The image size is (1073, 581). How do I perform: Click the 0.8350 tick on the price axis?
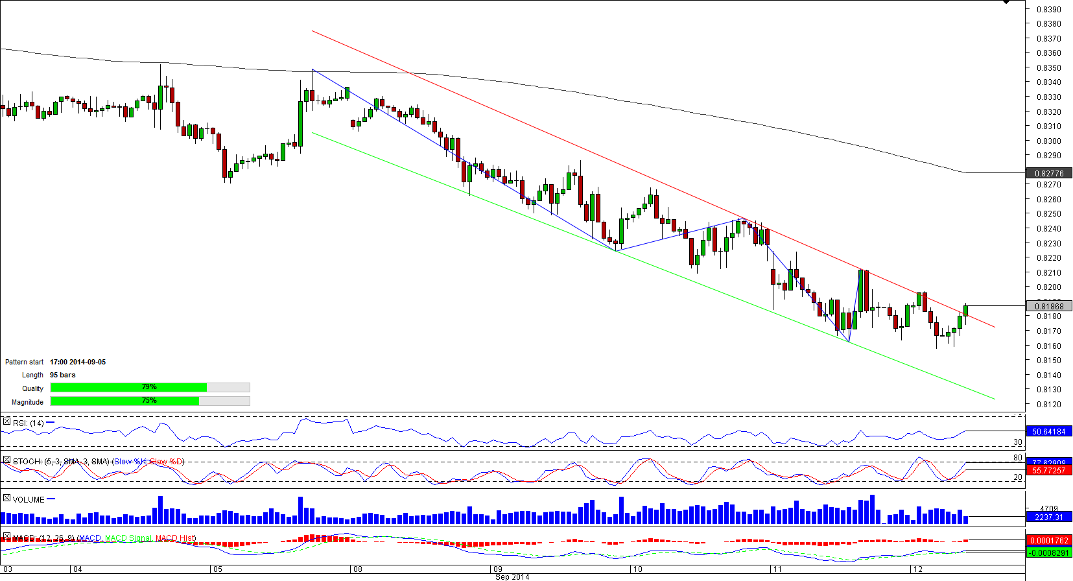pos(1048,67)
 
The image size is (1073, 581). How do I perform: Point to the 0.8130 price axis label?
pos(1048,390)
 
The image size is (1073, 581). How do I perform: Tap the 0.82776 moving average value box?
pos(1049,173)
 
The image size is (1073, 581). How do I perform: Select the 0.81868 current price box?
pos(1049,306)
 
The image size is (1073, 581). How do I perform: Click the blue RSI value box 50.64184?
pos(1049,431)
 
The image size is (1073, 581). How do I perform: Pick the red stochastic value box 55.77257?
pos(1049,470)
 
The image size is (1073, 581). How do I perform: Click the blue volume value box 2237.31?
pos(1049,517)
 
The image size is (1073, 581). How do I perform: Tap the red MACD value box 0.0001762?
pos(1049,540)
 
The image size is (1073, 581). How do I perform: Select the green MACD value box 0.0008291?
pos(1049,552)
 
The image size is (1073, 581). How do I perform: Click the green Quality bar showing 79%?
pos(128,387)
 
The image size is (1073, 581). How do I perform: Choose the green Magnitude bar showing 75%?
pos(124,401)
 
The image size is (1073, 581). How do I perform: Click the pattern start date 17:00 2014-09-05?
pos(78,362)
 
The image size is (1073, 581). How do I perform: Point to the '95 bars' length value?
pos(63,375)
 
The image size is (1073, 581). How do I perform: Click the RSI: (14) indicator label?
pos(29,423)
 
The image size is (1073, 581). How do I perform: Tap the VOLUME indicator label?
pos(29,499)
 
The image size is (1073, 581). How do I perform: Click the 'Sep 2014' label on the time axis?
pos(512,576)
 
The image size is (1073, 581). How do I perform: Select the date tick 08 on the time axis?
pos(357,569)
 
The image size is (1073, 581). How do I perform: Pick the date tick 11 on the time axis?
pos(777,569)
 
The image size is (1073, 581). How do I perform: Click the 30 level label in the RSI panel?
pos(1017,442)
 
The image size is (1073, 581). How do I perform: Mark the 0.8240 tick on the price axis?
pos(1048,228)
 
